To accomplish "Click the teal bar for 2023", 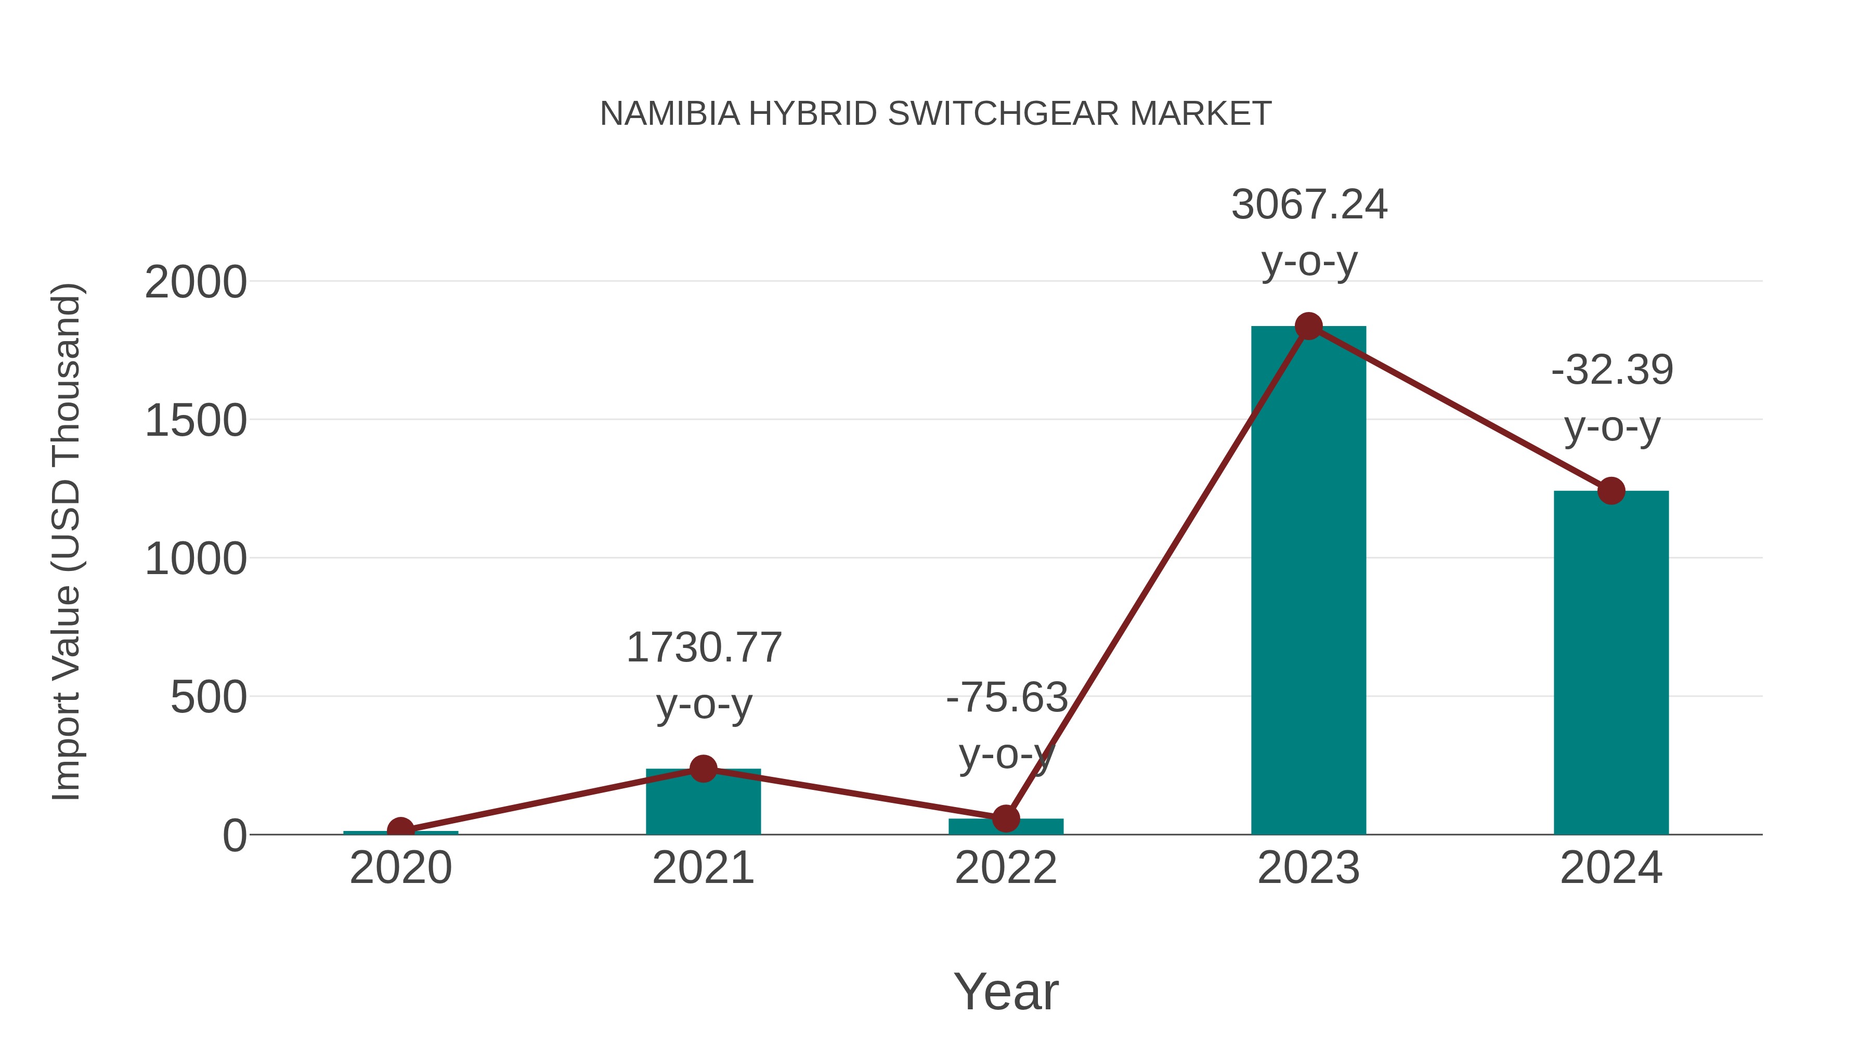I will click(x=1308, y=581).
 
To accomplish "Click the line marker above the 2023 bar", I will click(x=1308, y=326).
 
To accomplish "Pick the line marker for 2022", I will click(x=1006, y=818).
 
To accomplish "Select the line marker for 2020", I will click(x=400, y=830).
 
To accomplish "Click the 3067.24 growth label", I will click(x=1309, y=205).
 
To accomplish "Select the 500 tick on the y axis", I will click(x=209, y=698).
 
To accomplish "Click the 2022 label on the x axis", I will click(x=1006, y=868).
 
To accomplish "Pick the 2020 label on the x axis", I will click(x=400, y=868).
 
